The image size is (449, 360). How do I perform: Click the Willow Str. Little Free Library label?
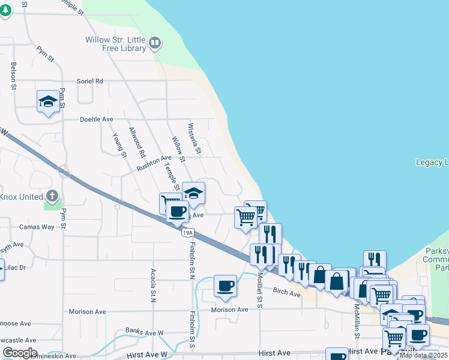pos(115,43)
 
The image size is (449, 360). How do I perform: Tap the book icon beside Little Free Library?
pos(155,43)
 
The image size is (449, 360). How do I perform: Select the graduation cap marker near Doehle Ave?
pos(48,102)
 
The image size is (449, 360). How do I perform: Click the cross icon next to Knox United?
pos(52,196)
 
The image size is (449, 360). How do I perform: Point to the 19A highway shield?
pos(188,232)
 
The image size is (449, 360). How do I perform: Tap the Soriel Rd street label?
pos(90,81)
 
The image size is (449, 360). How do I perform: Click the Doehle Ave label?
pos(97,119)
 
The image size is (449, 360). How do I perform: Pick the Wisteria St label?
pos(194,139)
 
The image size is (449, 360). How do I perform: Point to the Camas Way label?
pos(37,227)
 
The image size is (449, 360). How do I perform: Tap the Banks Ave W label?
pos(144,331)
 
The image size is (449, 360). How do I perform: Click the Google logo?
pos(19,353)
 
